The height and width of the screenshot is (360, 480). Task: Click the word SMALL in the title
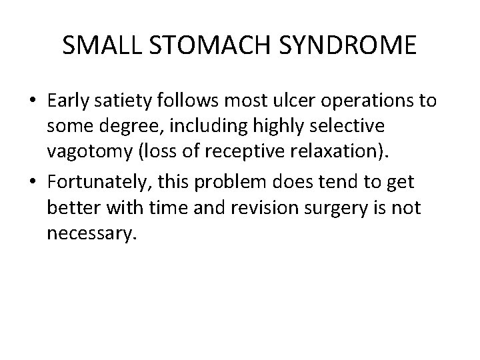pyautogui.click(x=93, y=45)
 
